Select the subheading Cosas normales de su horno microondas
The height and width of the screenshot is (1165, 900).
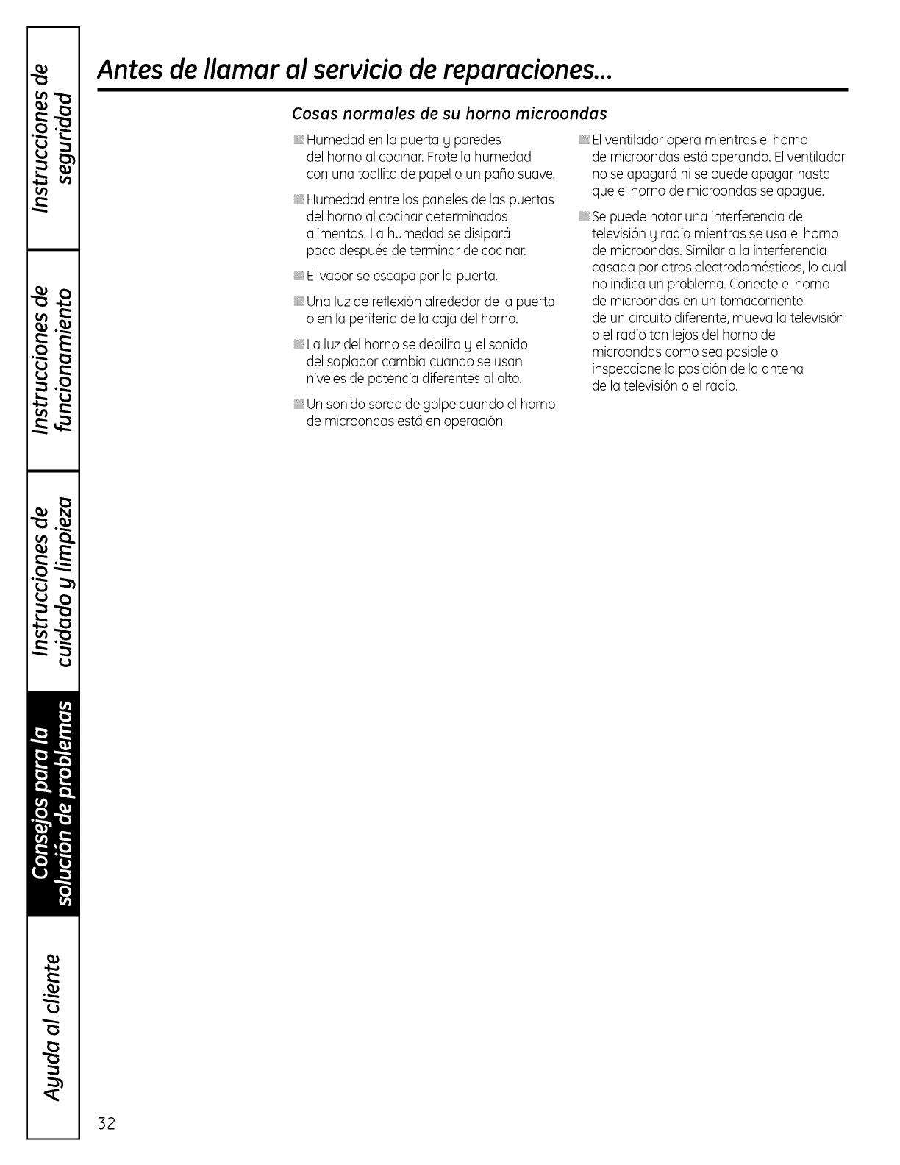(449, 114)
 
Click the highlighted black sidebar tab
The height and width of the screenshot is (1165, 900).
(53, 801)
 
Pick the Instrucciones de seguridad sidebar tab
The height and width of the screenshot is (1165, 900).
(53, 138)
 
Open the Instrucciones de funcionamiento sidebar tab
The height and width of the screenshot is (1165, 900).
(53, 360)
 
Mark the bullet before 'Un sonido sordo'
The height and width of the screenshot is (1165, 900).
(297, 405)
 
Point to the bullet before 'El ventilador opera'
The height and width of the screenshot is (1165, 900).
(584, 140)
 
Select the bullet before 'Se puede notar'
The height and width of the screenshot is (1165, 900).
(584, 216)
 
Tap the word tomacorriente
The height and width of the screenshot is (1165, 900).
(760, 301)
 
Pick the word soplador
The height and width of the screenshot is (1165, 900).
(344, 362)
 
